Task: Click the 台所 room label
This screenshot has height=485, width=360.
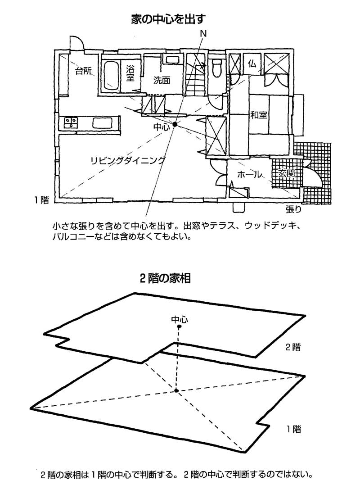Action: (x=83, y=71)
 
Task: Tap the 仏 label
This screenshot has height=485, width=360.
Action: (x=252, y=64)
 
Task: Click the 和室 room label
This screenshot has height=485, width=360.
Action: (x=259, y=115)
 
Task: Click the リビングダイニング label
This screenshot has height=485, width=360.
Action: (x=127, y=160)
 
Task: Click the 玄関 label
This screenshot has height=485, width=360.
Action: (x=287, y=173)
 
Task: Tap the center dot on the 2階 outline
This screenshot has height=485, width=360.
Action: (x=179, y=327)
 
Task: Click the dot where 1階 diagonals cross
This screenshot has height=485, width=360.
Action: (x=177, y=390)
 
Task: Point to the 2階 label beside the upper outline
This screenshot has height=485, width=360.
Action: (x=292, y=347)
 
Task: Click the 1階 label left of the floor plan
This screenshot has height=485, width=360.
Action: (x=41, y=200)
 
